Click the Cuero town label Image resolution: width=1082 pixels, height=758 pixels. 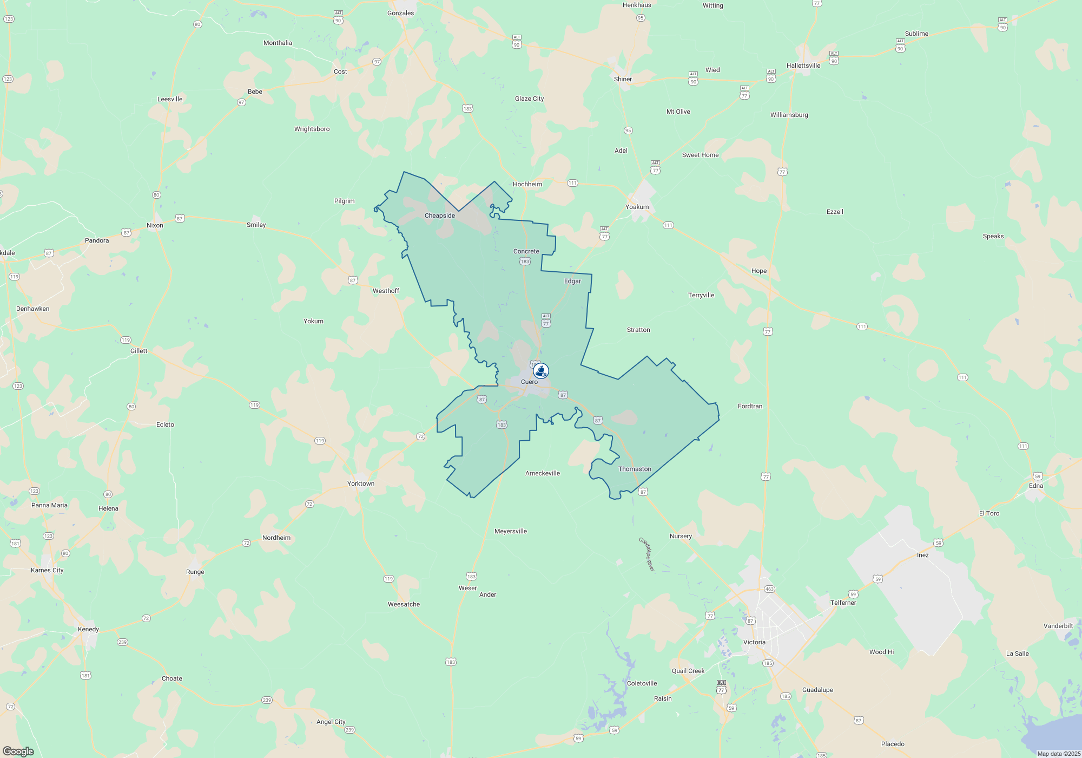tap(529, 382)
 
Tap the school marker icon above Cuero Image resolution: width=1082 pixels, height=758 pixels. tap(541, 371)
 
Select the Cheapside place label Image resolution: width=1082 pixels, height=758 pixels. tap(439, 215)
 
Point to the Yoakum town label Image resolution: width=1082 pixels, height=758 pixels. tap(637, 207)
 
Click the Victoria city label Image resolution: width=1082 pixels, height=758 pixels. tap(754, 642)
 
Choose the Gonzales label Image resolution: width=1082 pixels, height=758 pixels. tap(400, 13)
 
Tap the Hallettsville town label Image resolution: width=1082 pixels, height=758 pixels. tap(803, 66)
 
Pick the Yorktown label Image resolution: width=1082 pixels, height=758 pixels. tap(360, 483)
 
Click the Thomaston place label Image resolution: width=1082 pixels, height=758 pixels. tap(635, 469)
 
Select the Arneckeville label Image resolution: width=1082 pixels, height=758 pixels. tap(543, 473)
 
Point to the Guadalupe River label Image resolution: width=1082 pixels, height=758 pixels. tap(646, 554)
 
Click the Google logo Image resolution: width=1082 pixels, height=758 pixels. tap(18, 752)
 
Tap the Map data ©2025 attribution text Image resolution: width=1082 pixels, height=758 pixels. tap(1059, 754)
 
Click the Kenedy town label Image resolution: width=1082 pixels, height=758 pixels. tap(88, 629)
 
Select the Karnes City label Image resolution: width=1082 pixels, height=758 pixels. tap(47, 570)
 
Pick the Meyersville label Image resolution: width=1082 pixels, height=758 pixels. tap(510, 531)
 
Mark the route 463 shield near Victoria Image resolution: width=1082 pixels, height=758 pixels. tap(769, 589)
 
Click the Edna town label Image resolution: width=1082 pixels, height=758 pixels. tap(1035, 486)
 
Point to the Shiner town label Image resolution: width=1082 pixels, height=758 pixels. tap(623, 79)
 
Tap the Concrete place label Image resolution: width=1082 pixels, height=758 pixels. tap(526, 251)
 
